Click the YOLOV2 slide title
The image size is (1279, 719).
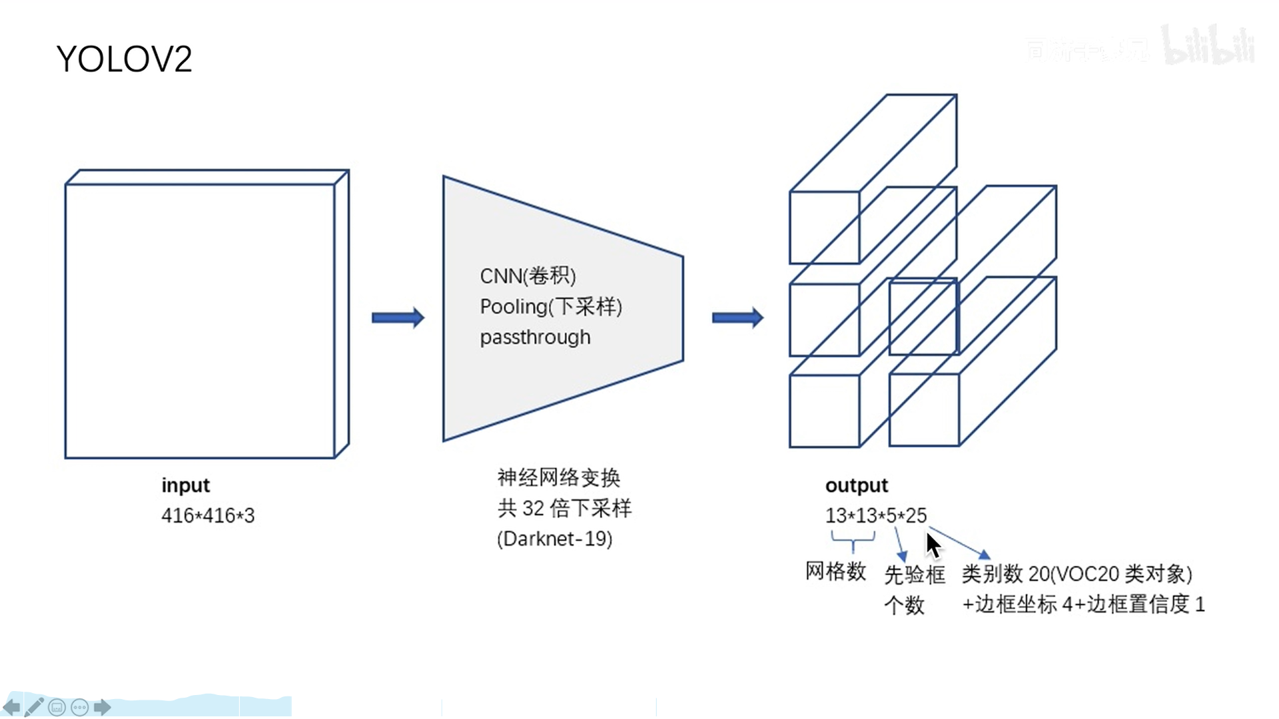(x=125, y=59)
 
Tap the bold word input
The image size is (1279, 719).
(x=185, y=485)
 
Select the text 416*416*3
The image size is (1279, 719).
(x=208, y=515)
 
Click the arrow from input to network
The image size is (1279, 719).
(x=398, y=318)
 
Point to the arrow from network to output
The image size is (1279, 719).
(x=737, y=318)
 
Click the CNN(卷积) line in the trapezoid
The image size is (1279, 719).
(x=528, y=276)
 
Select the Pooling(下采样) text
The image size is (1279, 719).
(x=551, y=306)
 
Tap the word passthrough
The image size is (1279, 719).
(x=535, y=337)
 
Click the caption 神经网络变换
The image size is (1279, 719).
(x=558, y=477)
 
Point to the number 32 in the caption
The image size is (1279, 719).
(x=533, y=508)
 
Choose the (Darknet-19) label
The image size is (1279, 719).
(x=555, y=539)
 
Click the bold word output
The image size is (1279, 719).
(x=857, y=485)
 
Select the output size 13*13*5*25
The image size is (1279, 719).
(x=876, y=515)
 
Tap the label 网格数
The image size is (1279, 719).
(x=835, y=571)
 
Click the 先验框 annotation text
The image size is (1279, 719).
(x=914, y=575)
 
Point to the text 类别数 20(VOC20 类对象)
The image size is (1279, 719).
(x=1077, y=573)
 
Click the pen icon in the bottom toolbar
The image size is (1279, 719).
(x=34, y=707)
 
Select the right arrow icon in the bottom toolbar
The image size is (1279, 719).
(x=102, y=707)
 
